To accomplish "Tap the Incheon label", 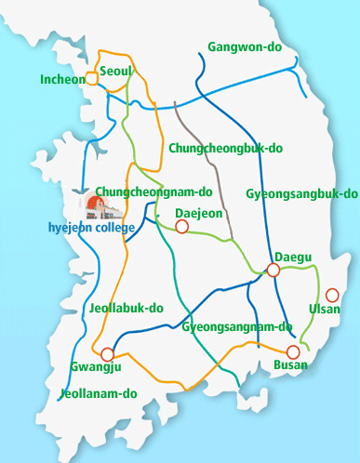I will [x=62, y=80].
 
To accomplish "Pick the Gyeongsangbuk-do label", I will [x=301, y=194].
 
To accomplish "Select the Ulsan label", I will [x=325, y=309].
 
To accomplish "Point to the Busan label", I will [x=290, y=365].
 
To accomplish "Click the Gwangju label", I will [x=91, y=367].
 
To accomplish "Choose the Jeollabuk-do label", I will [x=127, y=307].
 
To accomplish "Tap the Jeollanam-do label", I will [x=99, y=393].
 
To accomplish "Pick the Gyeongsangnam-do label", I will [x=237, y=327].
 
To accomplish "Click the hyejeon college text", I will [x=91, y=227].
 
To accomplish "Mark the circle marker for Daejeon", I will [x=182, y=226].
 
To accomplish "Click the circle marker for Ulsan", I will [x=332, y=295].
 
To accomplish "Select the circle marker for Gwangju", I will [x=108, y=353].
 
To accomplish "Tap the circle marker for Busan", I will [x=293, y=351].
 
